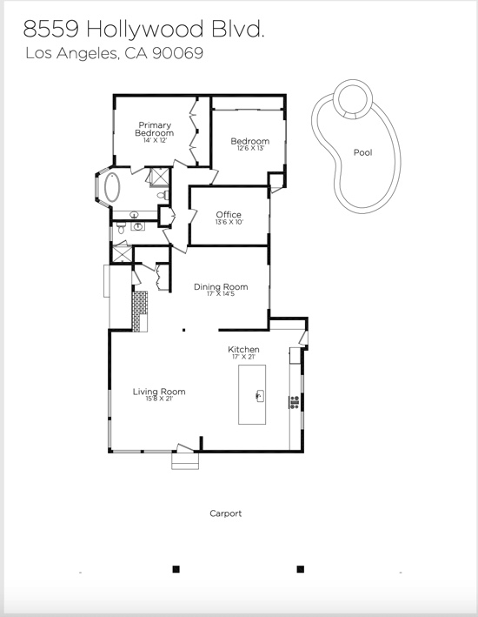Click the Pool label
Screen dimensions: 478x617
point(362,152)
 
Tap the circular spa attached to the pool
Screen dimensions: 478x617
point(353,98)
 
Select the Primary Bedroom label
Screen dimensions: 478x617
point(155,129)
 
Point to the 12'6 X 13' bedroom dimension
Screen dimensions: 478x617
point(250,148)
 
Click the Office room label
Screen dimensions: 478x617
point(229,214)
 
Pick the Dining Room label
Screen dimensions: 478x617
point(221,287)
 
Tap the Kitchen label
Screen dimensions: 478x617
point(243,350)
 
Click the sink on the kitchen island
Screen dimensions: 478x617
point(260,395)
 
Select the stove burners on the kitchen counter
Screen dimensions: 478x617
point(295,402)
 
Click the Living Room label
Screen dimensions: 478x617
point(159,392)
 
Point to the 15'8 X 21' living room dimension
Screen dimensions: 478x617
point(159,399)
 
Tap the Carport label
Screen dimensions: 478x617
point(226,513)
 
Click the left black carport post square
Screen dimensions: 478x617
point(176,569)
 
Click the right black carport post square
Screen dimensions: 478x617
point(301,569)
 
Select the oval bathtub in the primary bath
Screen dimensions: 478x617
point(112,187)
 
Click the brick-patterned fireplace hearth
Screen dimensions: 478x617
point(140,312)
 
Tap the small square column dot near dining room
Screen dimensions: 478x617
point(183,330)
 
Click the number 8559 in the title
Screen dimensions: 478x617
point(51,29)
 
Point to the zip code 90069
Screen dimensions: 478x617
point(177,53)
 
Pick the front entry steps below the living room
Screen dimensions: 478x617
point(185,460)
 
